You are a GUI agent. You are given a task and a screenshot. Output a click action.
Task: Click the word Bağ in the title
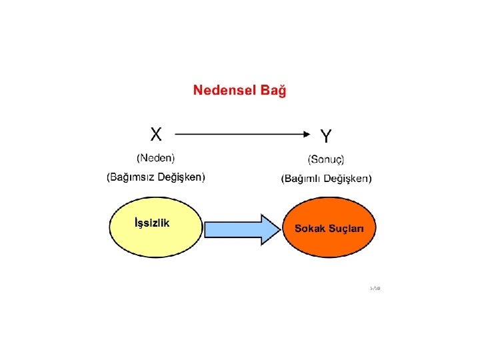point(273,91)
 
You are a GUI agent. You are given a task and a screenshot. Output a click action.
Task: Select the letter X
point(155,134)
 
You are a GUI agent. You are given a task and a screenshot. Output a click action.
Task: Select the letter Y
point(325,137)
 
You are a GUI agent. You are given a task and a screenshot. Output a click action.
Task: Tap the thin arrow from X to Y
point(240,133)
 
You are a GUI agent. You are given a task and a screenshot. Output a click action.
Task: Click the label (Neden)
point(155,159)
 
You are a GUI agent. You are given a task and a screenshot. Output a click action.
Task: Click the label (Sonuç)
point(326,160)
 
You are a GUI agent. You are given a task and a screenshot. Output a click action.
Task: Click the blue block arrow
point(237,229)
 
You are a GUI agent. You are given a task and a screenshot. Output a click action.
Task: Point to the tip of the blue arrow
point(279,229)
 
